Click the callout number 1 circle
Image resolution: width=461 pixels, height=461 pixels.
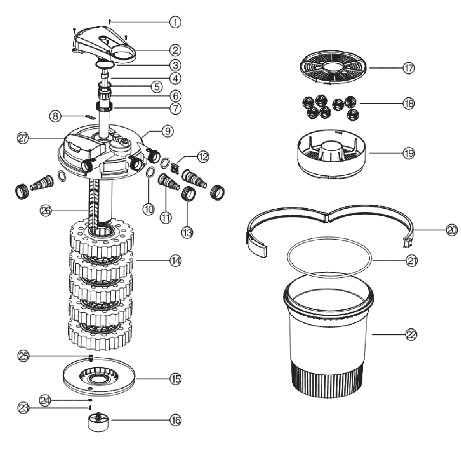[x=175, y=22]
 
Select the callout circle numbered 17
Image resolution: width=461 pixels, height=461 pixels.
[x=408, y=68]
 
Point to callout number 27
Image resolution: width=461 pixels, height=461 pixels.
[x=23, y=137]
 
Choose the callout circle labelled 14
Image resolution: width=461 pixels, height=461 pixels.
[x=175, y=261]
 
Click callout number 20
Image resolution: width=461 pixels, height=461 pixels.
[x=451, y=230]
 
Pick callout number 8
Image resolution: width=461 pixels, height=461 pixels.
[x=55, y=117]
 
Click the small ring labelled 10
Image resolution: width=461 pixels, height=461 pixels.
[x=149, y=173]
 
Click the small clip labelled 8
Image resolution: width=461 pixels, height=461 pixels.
[x=91, y=117]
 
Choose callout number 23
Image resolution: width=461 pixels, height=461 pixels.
[x=23, y=407]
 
